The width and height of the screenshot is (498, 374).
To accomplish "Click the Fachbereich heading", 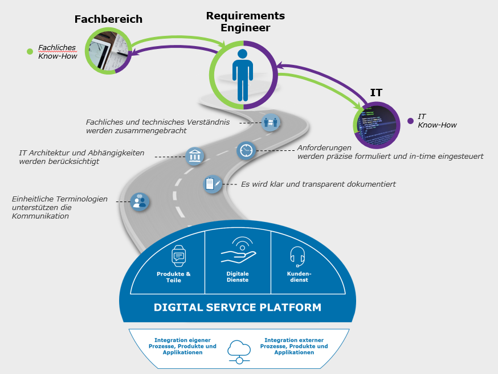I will [108, 19].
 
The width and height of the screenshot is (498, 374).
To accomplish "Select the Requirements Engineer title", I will [245, 22].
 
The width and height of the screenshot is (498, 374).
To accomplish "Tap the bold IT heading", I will [376, 93].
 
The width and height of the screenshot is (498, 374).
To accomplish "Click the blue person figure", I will [243, 75].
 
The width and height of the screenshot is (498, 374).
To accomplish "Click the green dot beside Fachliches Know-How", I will [30, 52].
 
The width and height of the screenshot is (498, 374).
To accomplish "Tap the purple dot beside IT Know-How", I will [410, 121].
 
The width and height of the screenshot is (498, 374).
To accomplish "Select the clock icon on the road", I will [246, 150].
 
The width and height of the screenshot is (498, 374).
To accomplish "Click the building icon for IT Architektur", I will [195, 156].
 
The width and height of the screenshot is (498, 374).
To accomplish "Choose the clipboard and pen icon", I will [213, 184].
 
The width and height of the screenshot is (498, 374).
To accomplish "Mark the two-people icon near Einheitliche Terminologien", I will [139, 201].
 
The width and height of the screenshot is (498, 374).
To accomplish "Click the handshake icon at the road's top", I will [271, 122].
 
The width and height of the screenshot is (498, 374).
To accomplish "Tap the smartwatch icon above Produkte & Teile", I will [179, 256].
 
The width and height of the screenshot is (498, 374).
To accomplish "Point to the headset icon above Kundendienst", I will [297, 256].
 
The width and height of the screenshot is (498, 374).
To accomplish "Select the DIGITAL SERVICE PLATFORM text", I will [237, 307].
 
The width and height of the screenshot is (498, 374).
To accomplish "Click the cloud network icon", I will [239, 351].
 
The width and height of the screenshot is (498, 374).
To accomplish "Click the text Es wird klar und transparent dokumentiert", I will [318, 184].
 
